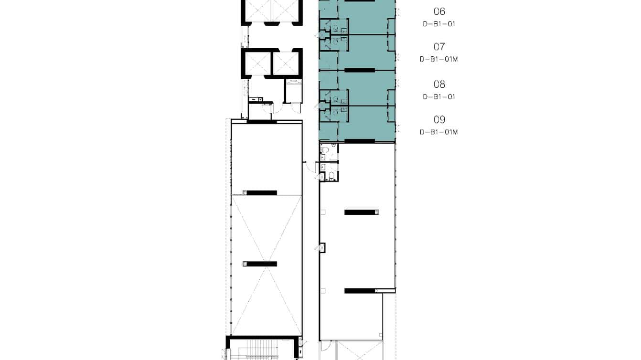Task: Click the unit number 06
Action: pyautogui.click(x=439, y=11)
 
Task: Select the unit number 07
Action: pyautogui.click(x=439, y=47)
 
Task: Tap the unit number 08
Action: pyautogui.click(x=439, y=85)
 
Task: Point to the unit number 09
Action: pyautogui.click(x=439, y=120)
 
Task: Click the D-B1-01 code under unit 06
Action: pyautogui.click(x=439, y=23)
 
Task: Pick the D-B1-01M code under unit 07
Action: pyautogui.click(x=439, y=59)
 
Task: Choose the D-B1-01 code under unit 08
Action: pyautogui.click(x=439, y=96)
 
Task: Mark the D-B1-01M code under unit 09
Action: pyautogui.click(x=439, y=132)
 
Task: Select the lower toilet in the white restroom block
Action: pyautogui.click(x=324, y=177)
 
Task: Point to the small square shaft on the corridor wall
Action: pyautogui.click(x=322, y=248)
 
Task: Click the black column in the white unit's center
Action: pyautogui.click(x=361, y=212)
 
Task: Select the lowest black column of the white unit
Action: pyautogui.click(x=361, y=291)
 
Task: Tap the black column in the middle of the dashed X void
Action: pyautogui.click(x=260, y=264)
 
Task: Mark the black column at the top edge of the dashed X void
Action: pyautogui.click(x=260, y=193)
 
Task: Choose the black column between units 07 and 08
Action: pyautogui.click(x=360, y=70)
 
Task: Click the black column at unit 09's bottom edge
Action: pyautogui.click(x=360, y=141)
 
